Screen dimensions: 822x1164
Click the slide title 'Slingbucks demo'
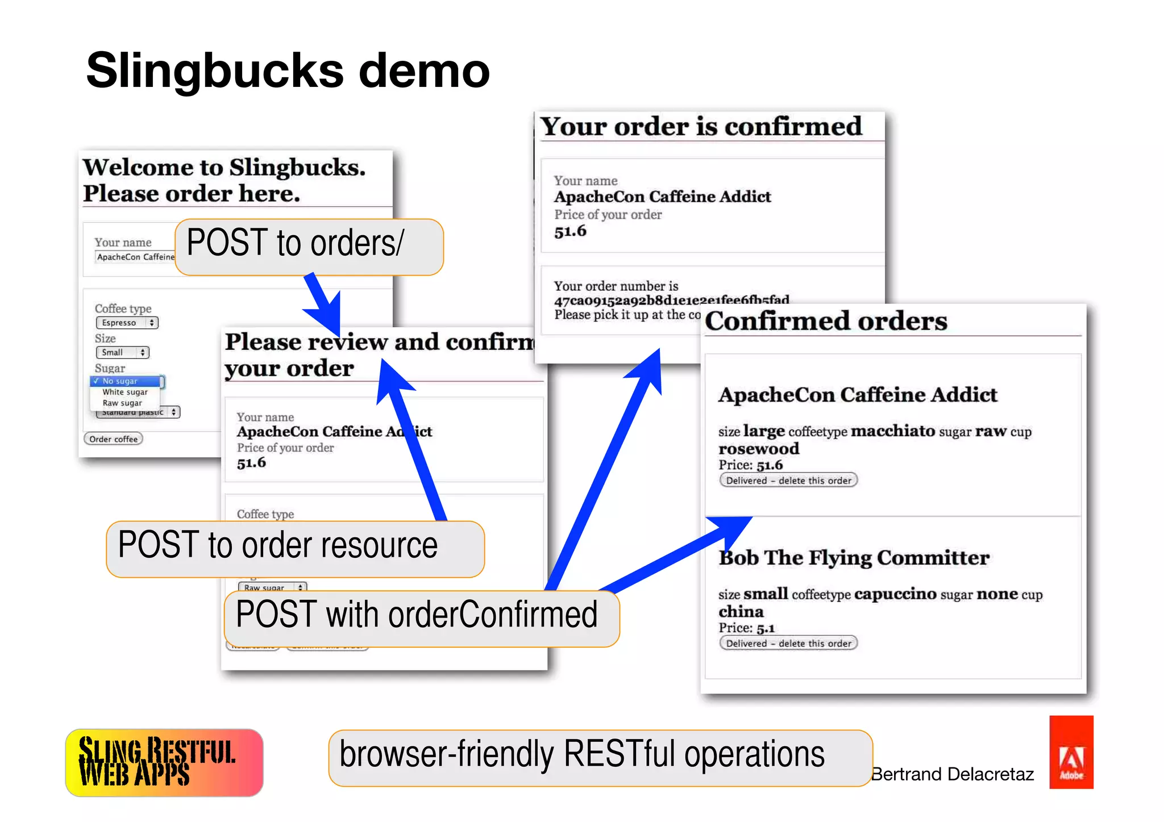[288, 70]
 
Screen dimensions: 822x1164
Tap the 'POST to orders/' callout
[309, 247]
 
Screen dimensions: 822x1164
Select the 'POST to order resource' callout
[295, 548]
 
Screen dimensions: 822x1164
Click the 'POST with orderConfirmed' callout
[421, 618]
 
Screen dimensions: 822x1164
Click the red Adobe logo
[1071, 752]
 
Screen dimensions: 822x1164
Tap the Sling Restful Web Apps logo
[164, 762]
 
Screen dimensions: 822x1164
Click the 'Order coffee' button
[114, 439]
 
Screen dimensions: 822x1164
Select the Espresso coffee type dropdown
[127, 323]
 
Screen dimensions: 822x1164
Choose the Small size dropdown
[122, 352]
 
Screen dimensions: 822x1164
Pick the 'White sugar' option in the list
[125, 392]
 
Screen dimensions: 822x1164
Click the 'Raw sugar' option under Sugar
[122, 403]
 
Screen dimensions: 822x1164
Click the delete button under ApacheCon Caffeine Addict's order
[788, 480]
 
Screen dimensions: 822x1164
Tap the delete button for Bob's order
[788, 643]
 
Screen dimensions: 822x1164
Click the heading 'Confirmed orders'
[826, 322]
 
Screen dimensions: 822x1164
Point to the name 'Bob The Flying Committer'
[854, 558]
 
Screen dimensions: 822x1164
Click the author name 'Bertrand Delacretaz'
[953, 774]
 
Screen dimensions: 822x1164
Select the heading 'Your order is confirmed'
[701, 126]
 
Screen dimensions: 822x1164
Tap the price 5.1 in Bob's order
[766, 628]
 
